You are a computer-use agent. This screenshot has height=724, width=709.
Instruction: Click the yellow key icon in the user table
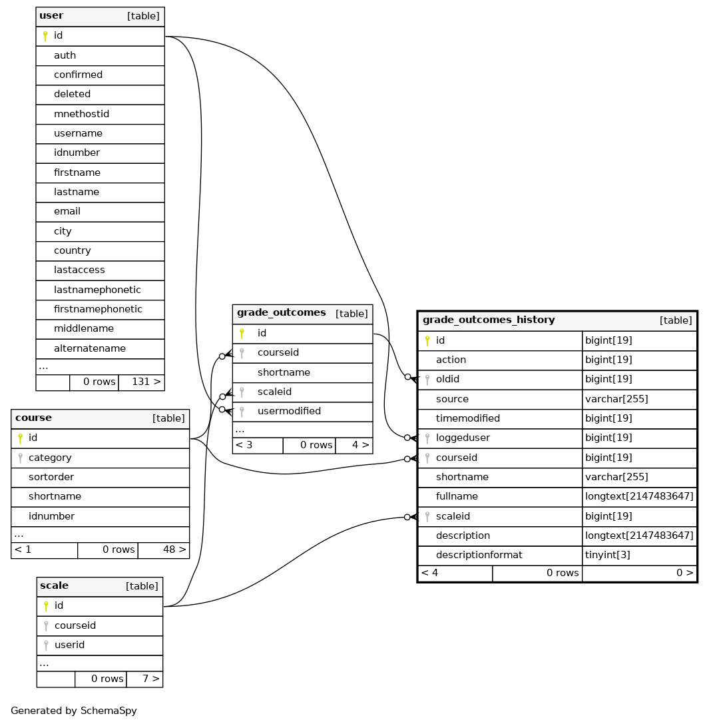[x=45, y=36]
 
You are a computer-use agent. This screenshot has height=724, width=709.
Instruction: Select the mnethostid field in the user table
[x=81, y=114]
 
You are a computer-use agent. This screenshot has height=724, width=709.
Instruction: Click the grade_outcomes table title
[x=281, y=312]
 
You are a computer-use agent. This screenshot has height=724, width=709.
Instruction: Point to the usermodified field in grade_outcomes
[x=289, y=411]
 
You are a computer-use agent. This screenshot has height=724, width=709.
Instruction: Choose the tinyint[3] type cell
[x=607, y=555]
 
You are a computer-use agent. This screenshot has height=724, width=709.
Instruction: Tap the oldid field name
[x=447, y=379]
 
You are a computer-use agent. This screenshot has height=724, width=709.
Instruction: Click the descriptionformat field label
[x=479, y=555]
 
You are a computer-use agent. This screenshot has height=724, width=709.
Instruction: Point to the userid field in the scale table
[x=69, y=645]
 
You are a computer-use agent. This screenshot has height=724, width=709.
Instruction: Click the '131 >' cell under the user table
[x=146, y=382]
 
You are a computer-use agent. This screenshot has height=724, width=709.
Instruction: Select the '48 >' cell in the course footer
[x=174, y=549]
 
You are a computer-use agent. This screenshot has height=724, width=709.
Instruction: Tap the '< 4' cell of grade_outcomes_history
[x=430, y=573]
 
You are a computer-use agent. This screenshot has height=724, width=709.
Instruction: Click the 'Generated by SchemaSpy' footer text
[x=74, y=711]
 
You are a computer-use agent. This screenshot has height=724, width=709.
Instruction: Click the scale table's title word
[x=54, y=585]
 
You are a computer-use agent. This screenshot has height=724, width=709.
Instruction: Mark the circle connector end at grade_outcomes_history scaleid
[x=407, y=517]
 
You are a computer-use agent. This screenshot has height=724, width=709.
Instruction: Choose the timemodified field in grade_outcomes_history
[x=467, y=418]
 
